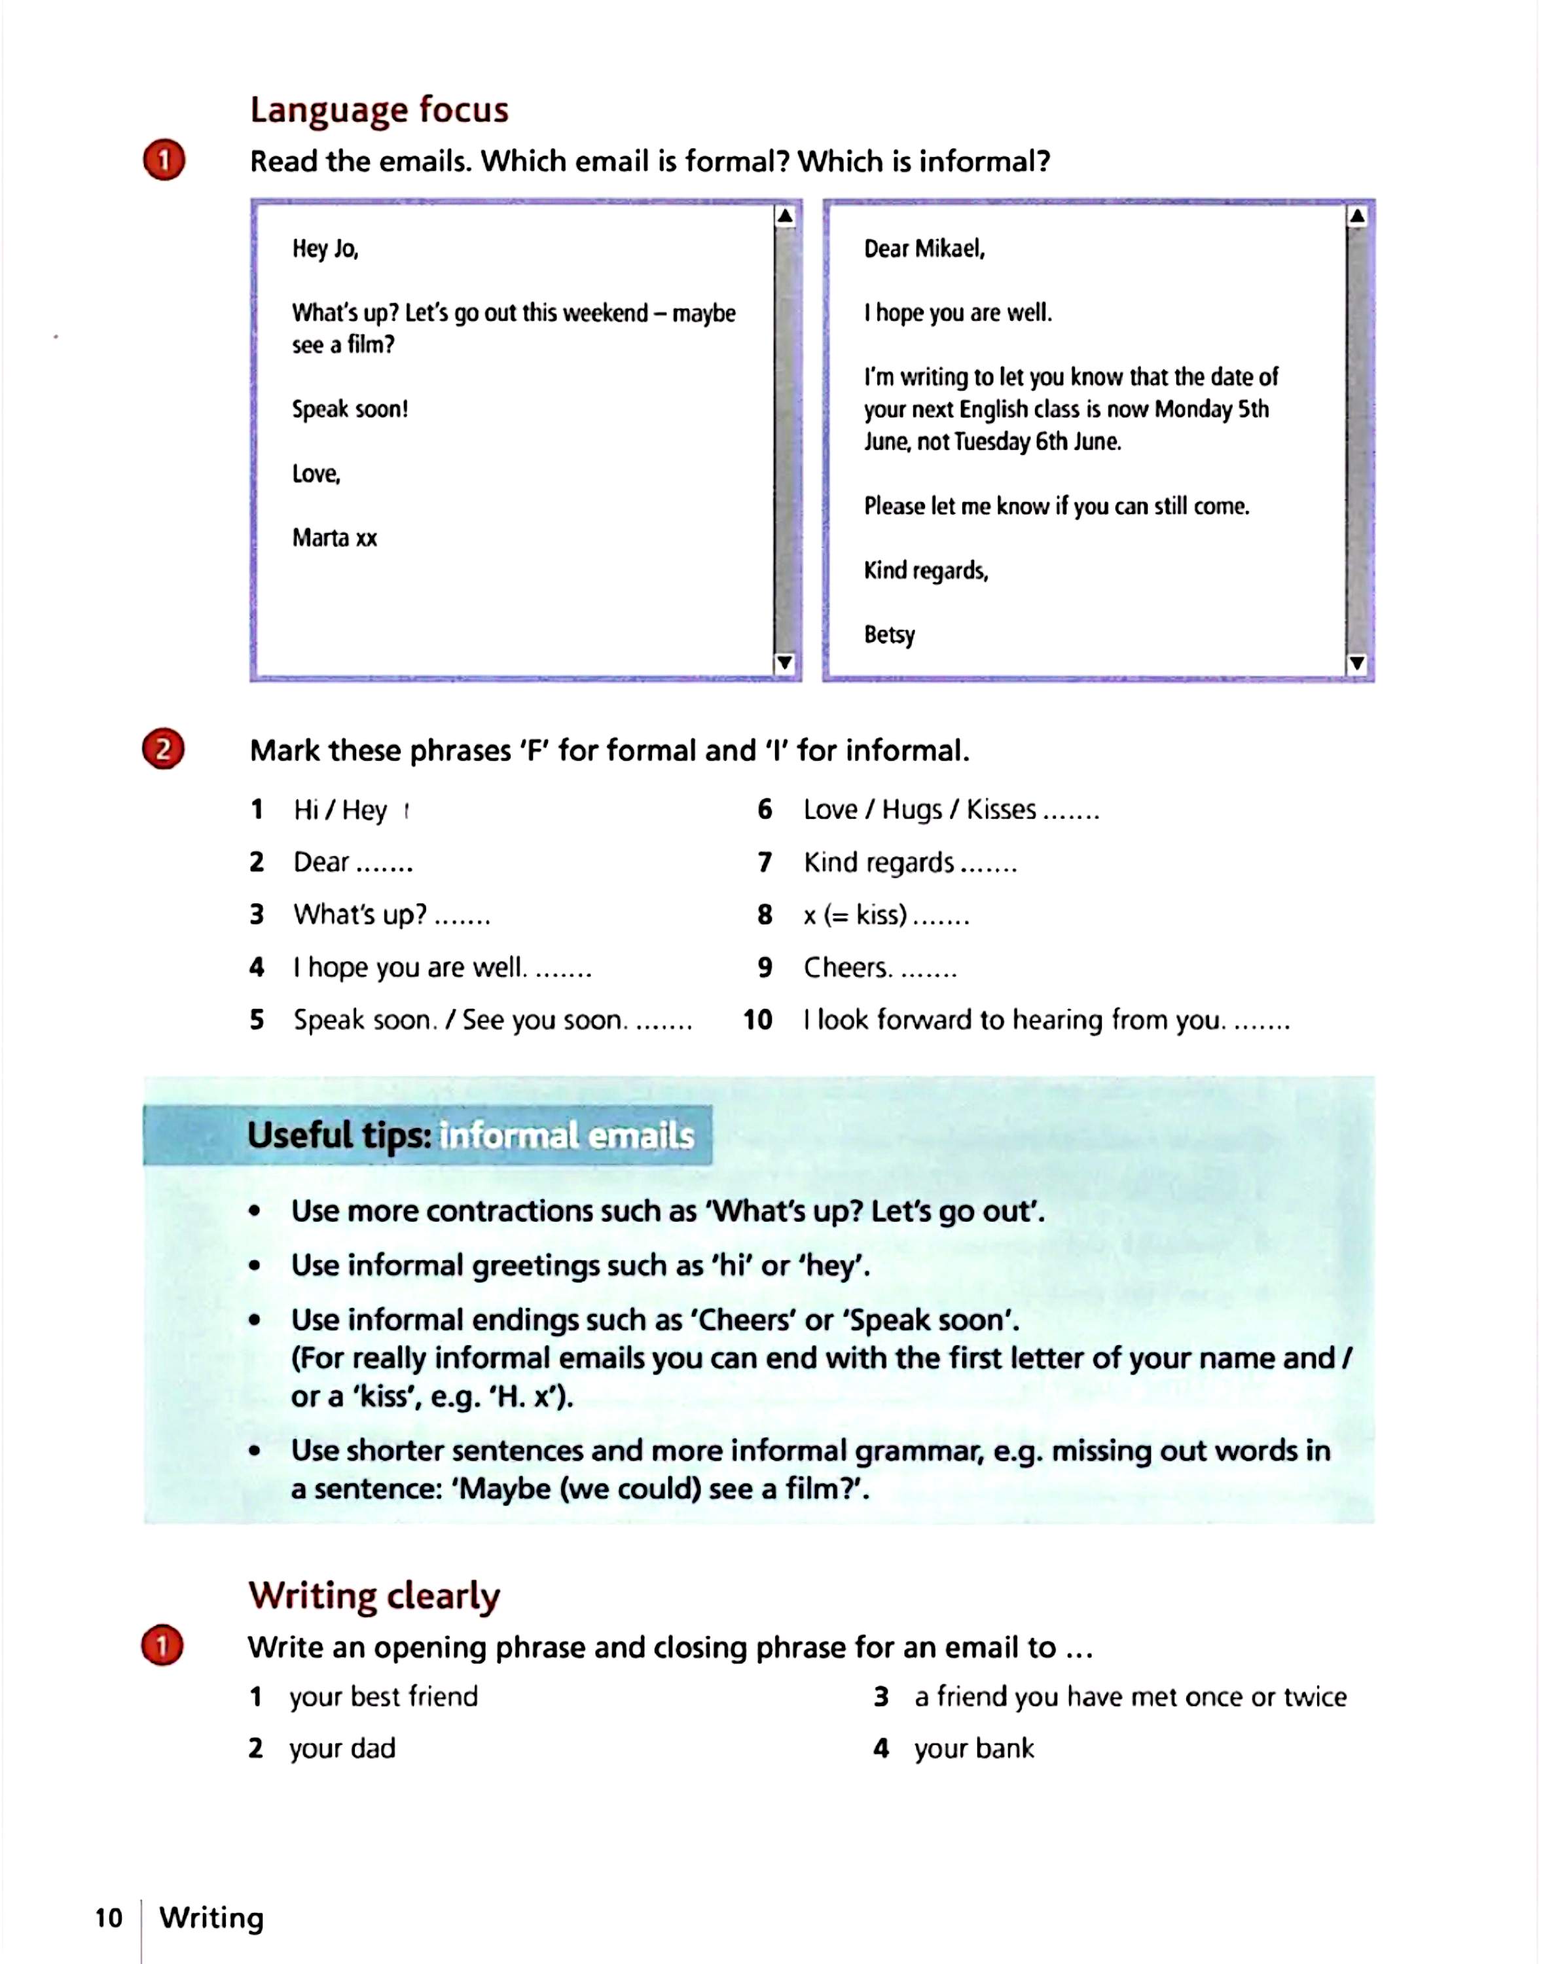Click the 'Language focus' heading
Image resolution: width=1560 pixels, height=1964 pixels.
pos(379,109)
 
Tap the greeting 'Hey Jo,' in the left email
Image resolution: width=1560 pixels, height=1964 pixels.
pos(325,249)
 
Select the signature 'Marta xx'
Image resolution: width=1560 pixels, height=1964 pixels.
pos(335,537)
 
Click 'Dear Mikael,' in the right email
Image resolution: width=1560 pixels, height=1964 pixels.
pos(924,249)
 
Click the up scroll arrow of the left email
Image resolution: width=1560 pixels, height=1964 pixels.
pos(784,217)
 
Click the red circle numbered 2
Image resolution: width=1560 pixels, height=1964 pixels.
pos(164,749)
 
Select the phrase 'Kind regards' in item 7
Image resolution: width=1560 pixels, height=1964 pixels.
pos(878,862)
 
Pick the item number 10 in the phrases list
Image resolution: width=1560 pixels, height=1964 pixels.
pos(757,1019)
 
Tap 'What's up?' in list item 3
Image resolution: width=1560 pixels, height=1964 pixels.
pos(359,915)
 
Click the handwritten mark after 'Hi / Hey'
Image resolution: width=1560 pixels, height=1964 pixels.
pos(406,810)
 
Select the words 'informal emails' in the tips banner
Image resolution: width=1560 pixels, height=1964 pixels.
pos(566,1136)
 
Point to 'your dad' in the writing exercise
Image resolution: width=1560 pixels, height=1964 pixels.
pos(342,1748)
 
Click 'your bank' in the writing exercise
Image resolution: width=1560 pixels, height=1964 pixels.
pos(973,1748)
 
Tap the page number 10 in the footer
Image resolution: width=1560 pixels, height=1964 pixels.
pos(109,1918)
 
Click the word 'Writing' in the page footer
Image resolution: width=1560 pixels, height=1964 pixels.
pos(211,1918)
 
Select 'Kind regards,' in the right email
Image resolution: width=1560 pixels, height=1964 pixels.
pos(925,570)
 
